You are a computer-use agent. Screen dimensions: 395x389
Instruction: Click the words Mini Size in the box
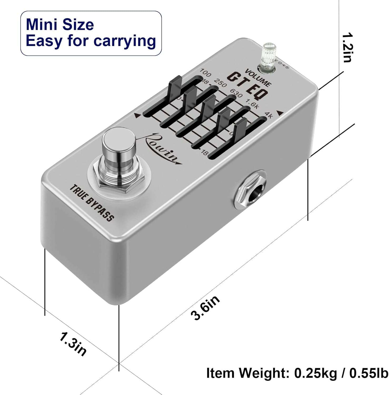point(60,24)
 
